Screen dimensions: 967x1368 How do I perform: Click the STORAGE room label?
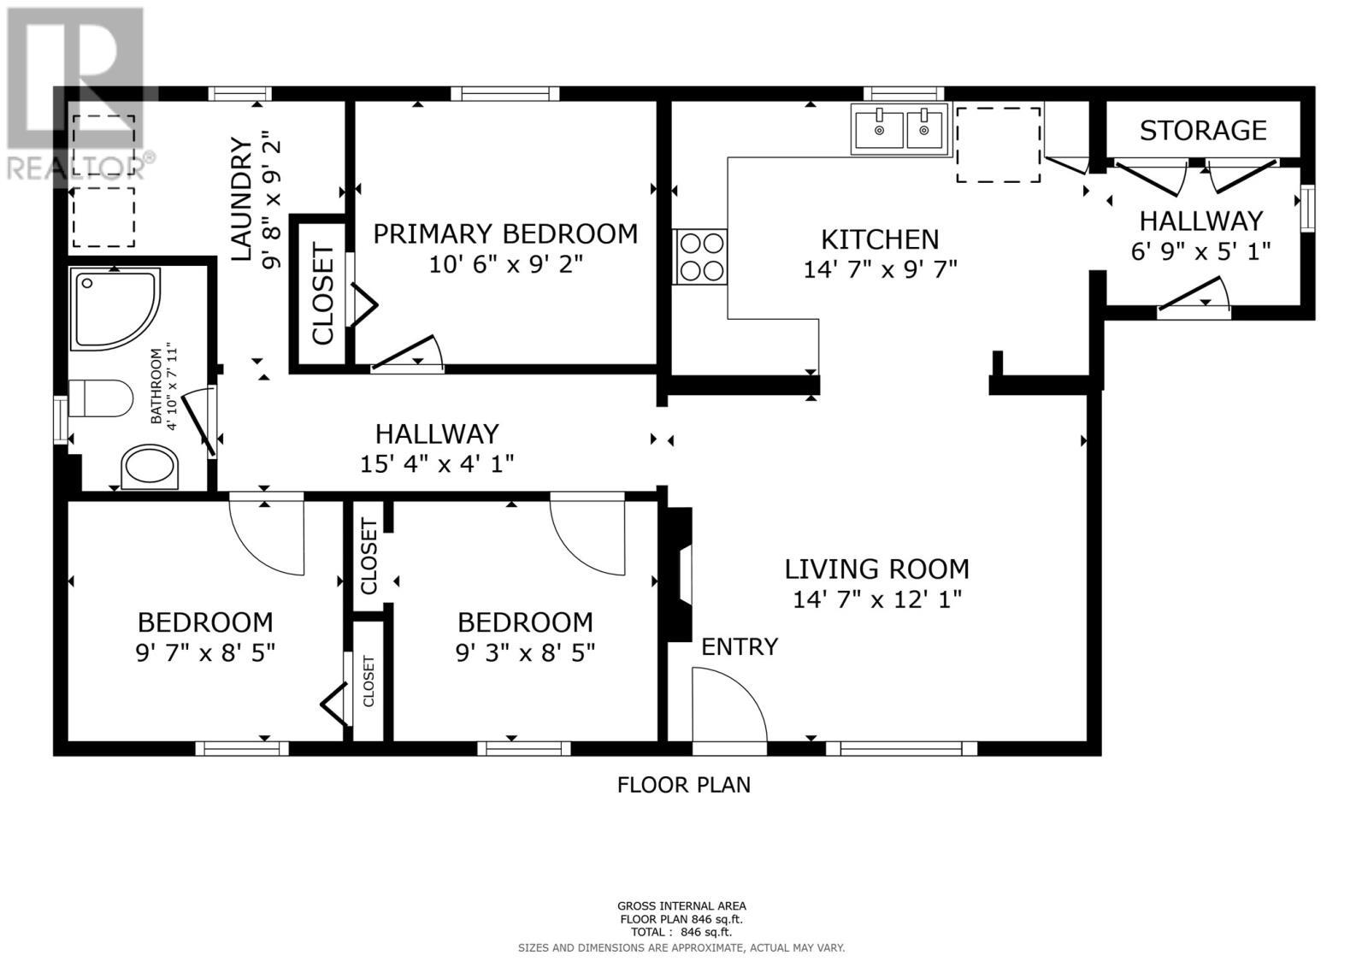pyautogui.click(x=1202, y=130)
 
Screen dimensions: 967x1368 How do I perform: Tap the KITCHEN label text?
pyautogui.click(x=880, y=239)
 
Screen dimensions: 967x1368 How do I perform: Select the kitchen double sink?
pyautogui.click(x=900, y=129)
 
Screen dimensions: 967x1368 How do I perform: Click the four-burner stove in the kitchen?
pyautogui.click(x=699, y=257)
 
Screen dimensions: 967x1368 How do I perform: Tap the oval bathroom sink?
pyautogui.click(x=150, y=468)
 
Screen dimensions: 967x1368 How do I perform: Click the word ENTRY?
pyautogui.click(x=740, y=646)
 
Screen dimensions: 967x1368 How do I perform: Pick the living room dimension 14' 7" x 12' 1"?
pyautogui.click(x=877, y=599)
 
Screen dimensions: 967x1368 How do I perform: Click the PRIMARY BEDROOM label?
pyautogui.click(x=505, y=233)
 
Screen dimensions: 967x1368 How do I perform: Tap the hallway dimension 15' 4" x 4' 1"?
pyautogui.click(x=437, y=464)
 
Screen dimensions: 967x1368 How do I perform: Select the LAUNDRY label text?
pyautogui.click(x=242, y=199)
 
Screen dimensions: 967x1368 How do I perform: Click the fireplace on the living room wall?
pyautogui.click(x=679, y=575)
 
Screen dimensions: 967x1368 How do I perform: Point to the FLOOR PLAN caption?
pyautogui.click(x=683, y=784)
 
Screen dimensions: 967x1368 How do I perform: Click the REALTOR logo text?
pyautogui.click(x=81, y=166)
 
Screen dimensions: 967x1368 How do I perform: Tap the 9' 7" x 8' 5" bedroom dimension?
pyautogui.click(x=205, y=653)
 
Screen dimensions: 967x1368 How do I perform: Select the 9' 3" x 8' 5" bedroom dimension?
pyautogui.click(x=525, y=653)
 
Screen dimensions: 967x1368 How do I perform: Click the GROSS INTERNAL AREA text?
pyautogui.click(x=681, y=906)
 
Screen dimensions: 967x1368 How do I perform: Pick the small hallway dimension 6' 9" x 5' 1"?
pyautogui.click(x=1200, y=251)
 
